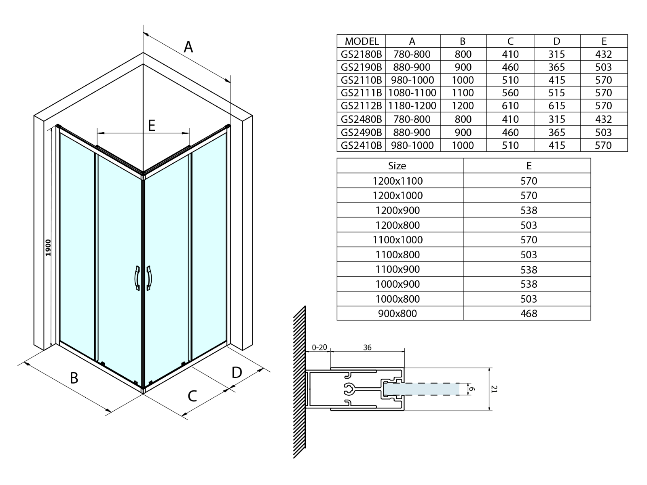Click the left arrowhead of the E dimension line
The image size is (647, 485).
(100, 133)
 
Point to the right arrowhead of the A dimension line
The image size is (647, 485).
(228, 80)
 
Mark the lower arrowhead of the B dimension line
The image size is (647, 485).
(108, 410)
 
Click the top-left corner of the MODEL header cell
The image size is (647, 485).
(337, 34)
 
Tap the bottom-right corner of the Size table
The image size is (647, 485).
(591, 320)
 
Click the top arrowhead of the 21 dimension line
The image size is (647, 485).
(489, 371)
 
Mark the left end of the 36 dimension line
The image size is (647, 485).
(330, 351)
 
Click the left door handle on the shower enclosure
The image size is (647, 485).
(137, 278)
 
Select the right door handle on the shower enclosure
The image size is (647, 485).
(149, 278)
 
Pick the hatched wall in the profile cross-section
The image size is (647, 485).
(299, 382)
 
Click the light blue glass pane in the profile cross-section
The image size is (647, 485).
(421, 389)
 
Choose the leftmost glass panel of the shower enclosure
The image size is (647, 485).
(77, 247)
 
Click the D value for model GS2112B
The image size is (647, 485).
(556, 106)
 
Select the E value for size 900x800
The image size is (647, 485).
(529, 313)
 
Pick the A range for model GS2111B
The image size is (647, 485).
(412, 93)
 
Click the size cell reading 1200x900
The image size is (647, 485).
(398, 210)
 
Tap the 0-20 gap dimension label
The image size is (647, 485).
(319, 348)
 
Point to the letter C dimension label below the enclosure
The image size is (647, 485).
(192, 396)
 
